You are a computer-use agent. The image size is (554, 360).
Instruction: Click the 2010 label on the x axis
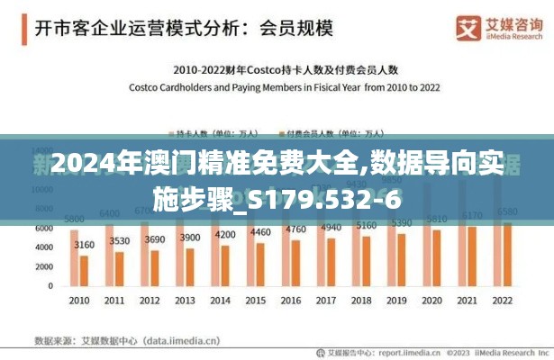[x=79, y=300]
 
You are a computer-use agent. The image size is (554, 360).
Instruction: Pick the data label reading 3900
[x=190, y=237]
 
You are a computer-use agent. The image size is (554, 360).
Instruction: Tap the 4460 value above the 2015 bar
[x=259, y=232]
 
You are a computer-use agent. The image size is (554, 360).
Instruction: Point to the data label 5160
[x=366, y=226]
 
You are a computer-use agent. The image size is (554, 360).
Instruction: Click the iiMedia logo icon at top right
[x=468, y=28]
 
